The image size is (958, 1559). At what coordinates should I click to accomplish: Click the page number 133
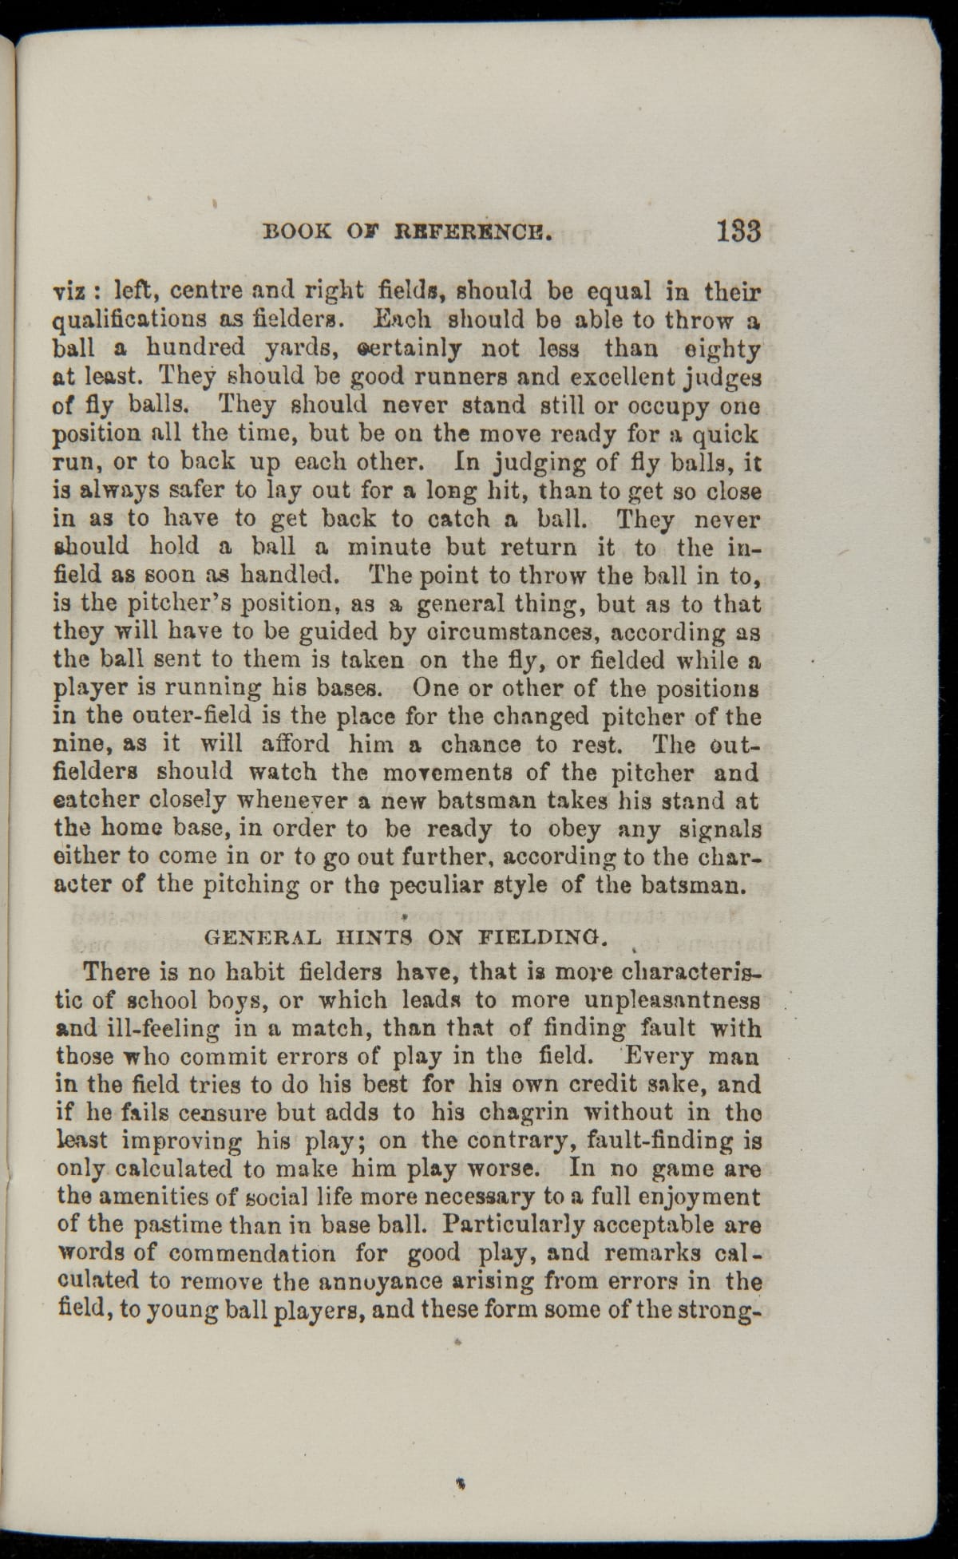[738, 231]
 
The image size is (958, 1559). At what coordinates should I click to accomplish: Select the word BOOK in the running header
[296, 232]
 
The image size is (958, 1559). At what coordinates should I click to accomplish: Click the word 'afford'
[295, 744]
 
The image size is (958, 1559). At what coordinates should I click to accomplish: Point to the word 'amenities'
[152, 1197]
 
